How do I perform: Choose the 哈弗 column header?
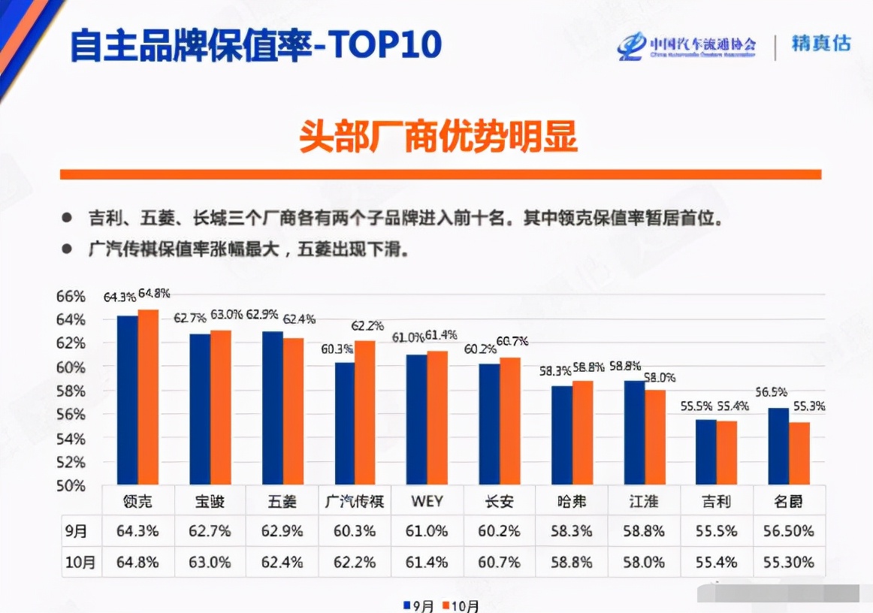(572, 501)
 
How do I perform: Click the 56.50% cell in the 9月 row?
(790, 531)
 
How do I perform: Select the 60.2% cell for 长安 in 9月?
(500, 531)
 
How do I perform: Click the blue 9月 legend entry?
(418, 605)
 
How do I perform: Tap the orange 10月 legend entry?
(460, 605)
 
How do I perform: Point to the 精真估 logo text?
(820, 44)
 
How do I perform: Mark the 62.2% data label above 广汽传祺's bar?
(368, 326)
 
